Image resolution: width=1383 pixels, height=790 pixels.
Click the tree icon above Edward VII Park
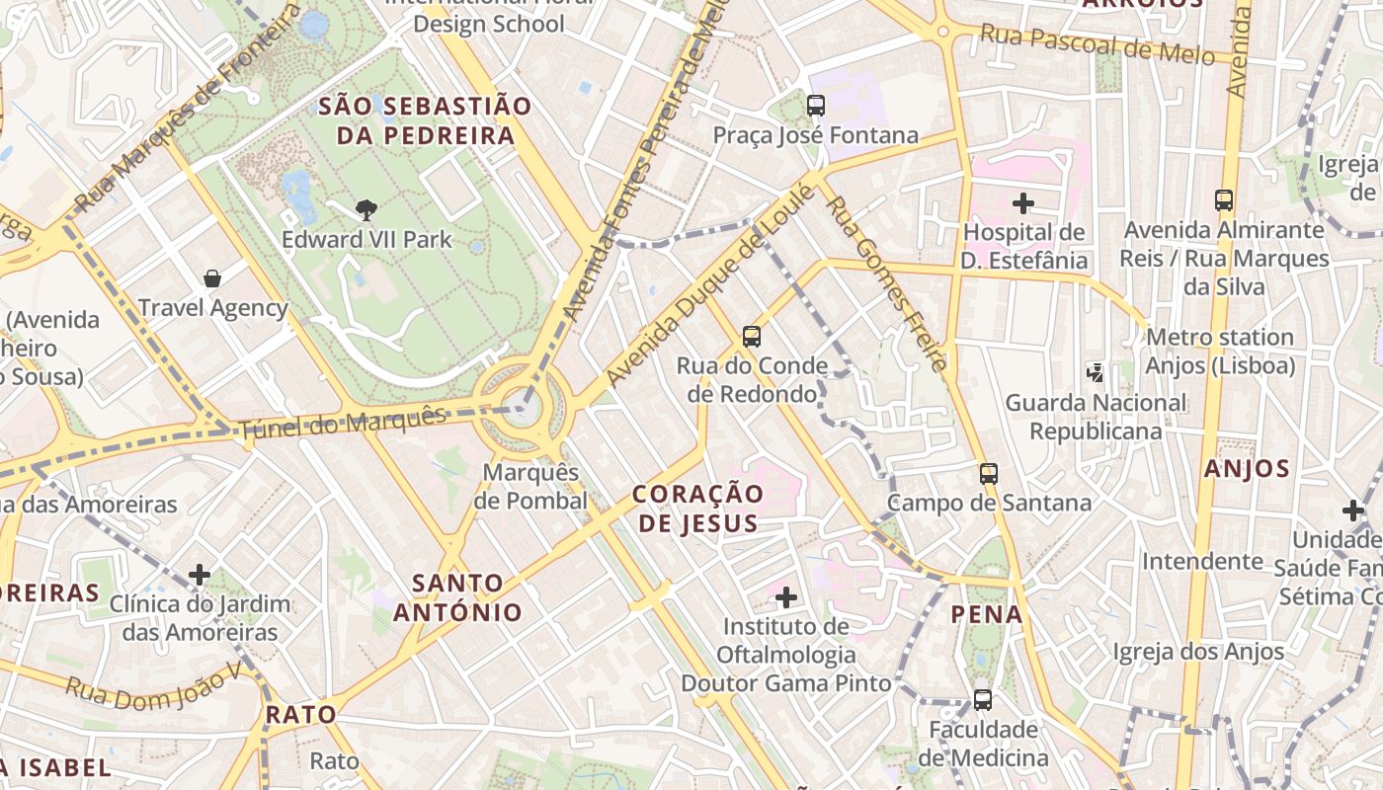(366, 209)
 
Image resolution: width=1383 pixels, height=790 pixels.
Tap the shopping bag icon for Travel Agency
(211, 278)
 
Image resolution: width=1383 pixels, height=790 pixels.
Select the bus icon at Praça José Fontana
(816, 105)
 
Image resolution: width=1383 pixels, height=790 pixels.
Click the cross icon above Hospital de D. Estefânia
(1023, 203)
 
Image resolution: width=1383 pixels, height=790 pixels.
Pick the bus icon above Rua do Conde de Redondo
(752, 337)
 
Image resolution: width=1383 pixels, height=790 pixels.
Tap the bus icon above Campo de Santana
(989, 473)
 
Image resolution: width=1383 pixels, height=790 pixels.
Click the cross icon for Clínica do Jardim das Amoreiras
(200, 574)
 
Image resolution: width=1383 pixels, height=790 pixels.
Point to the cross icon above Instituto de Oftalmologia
(786, 596)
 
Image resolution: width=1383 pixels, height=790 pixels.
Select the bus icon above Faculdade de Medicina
(982, 700)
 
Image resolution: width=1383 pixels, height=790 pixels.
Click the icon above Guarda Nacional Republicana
(1096, 372)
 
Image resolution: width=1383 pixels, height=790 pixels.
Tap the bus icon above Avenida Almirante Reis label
(1224, 200)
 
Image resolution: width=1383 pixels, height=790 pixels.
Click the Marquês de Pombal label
(530, 487)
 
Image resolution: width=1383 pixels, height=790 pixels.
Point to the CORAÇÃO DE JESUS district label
(698, 508)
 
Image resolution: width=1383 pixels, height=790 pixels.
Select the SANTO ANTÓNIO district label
(458, 597)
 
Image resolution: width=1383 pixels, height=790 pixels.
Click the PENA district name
(986, 614)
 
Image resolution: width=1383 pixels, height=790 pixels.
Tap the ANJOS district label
(1247, 468)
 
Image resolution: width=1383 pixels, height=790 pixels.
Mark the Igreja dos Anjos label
(1198, 651)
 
